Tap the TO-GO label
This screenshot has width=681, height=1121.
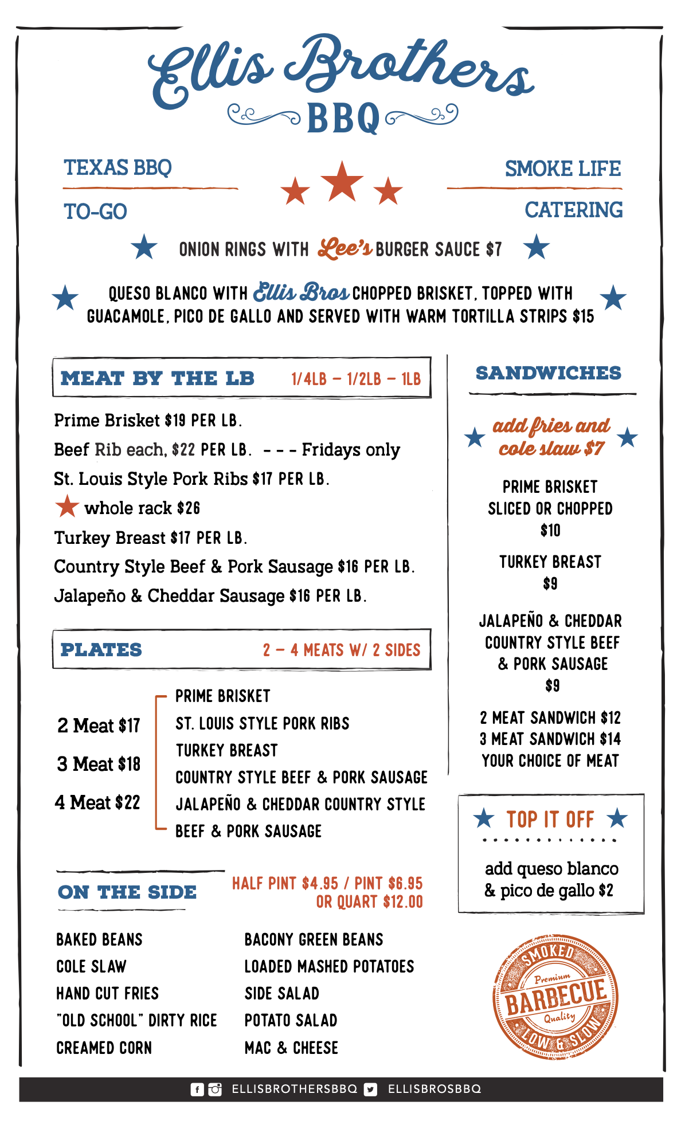tap(95, 212)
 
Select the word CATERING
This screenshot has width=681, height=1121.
tap(573, 210)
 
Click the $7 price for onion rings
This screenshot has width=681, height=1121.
tap(494, 249)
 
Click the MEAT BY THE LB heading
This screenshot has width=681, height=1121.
tap(158, 378)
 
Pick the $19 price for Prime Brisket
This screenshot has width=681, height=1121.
tap(175, 421)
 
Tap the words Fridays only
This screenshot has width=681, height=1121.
tap(351, 450)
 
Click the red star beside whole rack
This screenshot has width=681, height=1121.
tap(67, 506)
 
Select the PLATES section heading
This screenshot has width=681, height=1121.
tap(101, 650)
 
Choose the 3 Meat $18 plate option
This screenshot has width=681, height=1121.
tap(99, 764)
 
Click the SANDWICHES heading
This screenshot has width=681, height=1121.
tap(549, 373)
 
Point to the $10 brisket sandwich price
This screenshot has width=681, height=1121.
tap(550, 531)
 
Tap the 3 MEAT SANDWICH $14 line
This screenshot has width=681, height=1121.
tap(550, 739)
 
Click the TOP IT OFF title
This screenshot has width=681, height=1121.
tap(550, 820)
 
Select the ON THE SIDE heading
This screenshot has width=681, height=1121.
tap(127, 892)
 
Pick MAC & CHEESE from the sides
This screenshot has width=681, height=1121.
tap(291, 1048)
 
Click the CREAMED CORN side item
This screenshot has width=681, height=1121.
tap(104, 1048)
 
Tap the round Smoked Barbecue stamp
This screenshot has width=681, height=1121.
tap(555, 997)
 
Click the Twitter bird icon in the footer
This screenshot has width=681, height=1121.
tap(371, 1089)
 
